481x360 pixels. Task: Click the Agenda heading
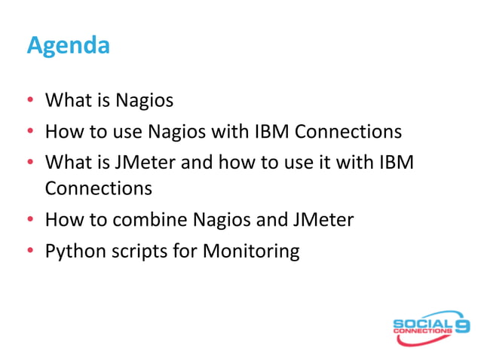pyautogui.click(x=68, y=46)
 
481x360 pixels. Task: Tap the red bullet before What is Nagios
pyautogui.click(x=31, y=101)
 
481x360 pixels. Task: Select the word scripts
pyautogui.click(x=136, y=251)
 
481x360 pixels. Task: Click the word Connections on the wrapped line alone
pyautogui.click(x=99, y=186)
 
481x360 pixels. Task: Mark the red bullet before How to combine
pyautogui.click(x=31, y=220)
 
